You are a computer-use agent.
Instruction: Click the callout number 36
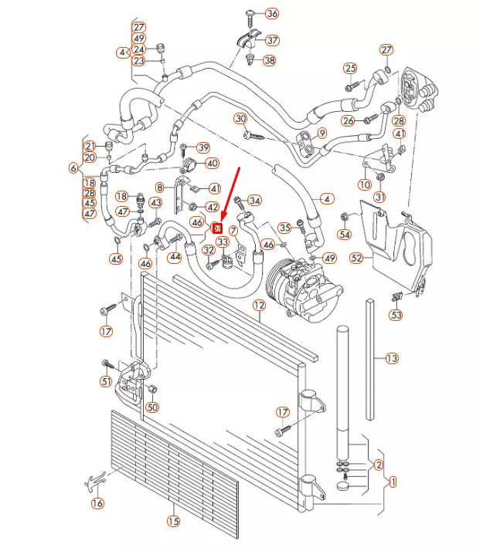271,14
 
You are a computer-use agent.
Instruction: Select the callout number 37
271,40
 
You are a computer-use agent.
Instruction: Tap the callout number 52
356,258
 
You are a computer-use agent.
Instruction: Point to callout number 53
396,315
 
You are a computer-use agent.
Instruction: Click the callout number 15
173,522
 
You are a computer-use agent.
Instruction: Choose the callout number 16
97,503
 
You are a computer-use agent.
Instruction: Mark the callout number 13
392,358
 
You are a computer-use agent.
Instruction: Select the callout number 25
350,69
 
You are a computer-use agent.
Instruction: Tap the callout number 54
345,234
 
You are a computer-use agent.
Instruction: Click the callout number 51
106,381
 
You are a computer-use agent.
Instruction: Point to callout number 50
152,407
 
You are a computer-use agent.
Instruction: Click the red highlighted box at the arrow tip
217,228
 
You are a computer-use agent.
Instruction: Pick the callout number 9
322,133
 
